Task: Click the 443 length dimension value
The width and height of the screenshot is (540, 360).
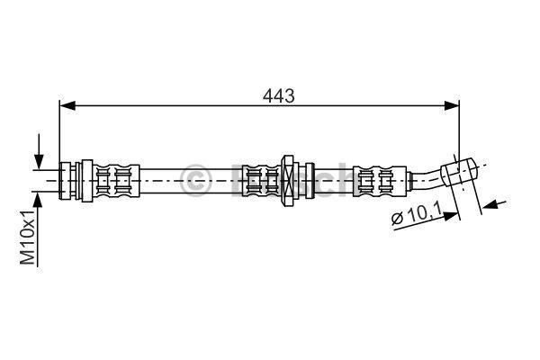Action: point(279,95)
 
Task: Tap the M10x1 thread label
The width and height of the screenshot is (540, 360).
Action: point(28,237)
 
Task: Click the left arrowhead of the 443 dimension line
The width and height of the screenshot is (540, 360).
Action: point(67,106)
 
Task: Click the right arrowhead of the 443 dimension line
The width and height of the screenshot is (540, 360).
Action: point(452,106)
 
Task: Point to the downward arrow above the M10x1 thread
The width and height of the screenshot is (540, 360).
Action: point(39,151)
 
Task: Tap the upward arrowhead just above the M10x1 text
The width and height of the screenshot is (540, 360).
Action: point(38,200)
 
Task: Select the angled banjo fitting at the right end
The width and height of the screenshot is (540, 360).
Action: point(459,171)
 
